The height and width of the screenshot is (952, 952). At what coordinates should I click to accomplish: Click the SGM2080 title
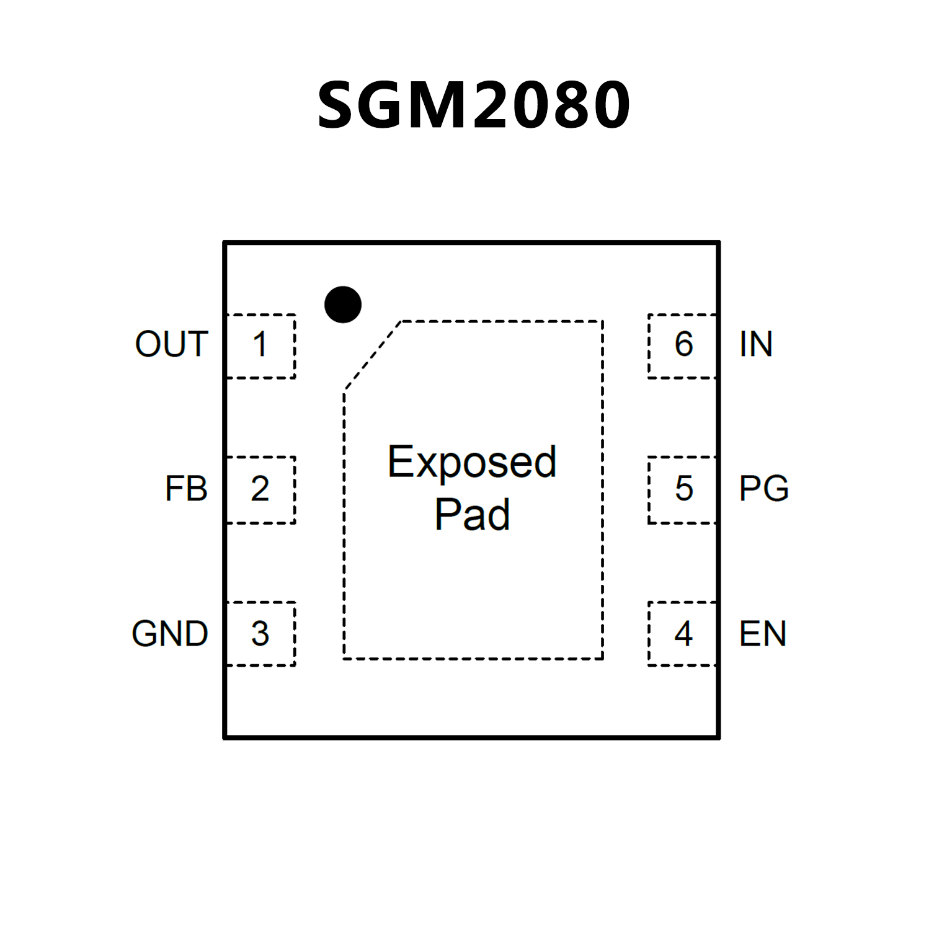(x=474, y=105)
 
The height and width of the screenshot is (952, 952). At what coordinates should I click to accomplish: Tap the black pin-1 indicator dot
(x=342, y=305)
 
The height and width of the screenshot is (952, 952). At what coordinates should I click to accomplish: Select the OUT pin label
(x=171, y=344)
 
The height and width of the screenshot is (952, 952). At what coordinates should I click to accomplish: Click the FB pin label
(x=185, y=489)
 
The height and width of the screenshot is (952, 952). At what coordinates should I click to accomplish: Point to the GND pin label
(x=169, y=634)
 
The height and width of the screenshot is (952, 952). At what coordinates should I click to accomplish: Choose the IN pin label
(x=755, y=344)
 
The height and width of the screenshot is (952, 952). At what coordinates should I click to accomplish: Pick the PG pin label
(x=763, y=489)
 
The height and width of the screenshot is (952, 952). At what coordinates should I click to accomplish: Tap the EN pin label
(x=762, y=634)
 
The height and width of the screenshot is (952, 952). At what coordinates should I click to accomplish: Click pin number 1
(x=260, y=344)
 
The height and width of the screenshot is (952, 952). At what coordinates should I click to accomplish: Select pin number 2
(x=260, y=489)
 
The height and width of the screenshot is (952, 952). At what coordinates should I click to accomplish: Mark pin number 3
(x=260, y=634)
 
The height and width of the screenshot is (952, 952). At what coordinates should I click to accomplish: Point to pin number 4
(x=683, y=634)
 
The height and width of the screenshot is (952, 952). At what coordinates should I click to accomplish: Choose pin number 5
(x=683, y=489)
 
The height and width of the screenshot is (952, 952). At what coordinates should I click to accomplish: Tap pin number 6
(x=683, y=344)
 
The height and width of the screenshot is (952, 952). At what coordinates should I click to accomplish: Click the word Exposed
(x=472, y=463)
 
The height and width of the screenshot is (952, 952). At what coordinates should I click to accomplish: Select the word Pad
(x=472, y=515)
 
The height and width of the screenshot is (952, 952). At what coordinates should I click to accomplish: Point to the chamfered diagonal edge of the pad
(x=373, y=356)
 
